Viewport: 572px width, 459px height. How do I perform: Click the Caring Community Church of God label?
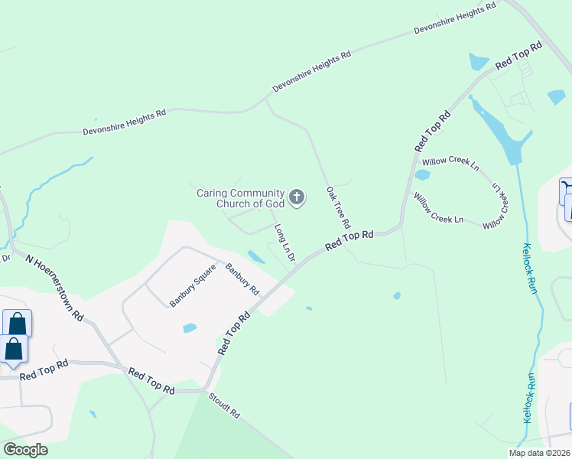pyautogui.click(x=240, y=198)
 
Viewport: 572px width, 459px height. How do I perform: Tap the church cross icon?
pyautogui.click(x=297, y=199)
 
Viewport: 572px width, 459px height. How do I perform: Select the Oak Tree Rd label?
pyautogui.click(x=337, y=208)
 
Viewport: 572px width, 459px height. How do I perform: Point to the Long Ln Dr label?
pyautogui.click(x=284, y=243)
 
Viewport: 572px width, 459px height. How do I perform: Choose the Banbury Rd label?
pyautogui.click(x=242, y=279)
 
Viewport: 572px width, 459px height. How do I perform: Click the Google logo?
pyautogui.click(x=25, y=450)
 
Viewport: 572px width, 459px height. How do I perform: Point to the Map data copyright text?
pyautogui.click(x=539, y=453)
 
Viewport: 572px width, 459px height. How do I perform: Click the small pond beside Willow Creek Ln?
pyautogui.click(x=422, y=174)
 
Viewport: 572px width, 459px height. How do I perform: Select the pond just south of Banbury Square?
pyautogui.click(x=190, y=328)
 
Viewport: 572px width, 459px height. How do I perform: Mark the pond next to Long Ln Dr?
pyautogui.click(x=256, y=256)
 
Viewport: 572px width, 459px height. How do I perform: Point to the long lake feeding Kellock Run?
pyautogui.click(x=501, y=135)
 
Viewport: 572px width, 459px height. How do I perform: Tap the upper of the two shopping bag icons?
pyautogui.click(x=17, y=323)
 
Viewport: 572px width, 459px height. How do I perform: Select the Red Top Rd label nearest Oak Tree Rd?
pyautogui.click(x=349, y=240)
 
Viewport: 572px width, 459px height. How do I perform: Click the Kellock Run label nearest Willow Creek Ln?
pyautogui.click(x=530, y=268)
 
